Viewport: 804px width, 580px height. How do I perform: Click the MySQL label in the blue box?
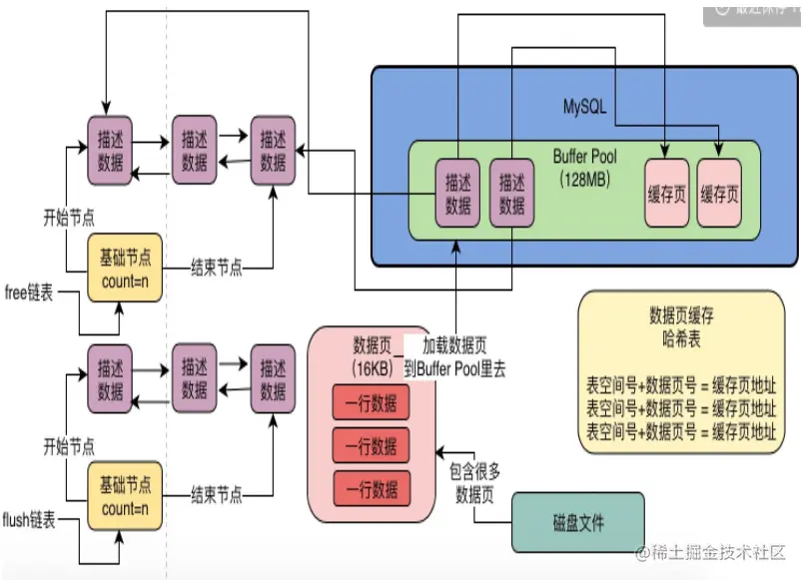point(585,106)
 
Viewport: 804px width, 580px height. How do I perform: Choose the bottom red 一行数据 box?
point(371,488)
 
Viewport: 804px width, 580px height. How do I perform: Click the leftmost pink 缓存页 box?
point(668,192)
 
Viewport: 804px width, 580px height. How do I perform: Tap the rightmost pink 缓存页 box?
point(720,192)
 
